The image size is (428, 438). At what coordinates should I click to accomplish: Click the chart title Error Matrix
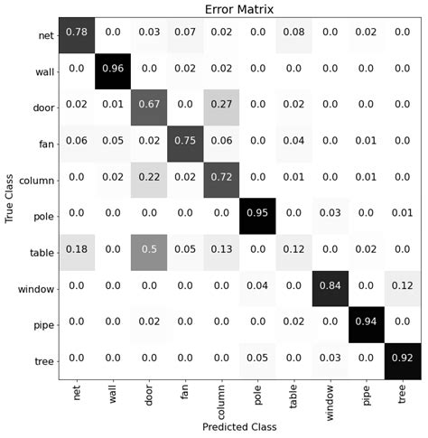point(238,9)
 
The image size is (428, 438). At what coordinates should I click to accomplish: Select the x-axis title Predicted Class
point(238,425)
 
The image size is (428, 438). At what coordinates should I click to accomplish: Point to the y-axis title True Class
point(10,199)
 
